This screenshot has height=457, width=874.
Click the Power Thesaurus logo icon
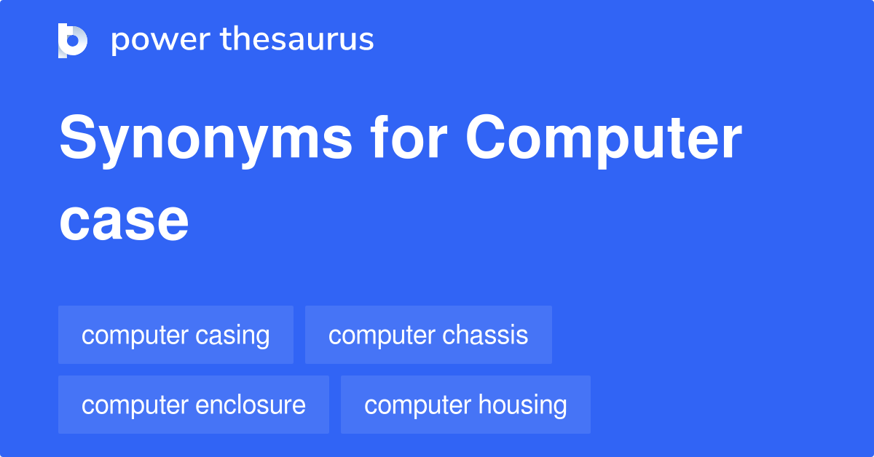click(x=73, y=40)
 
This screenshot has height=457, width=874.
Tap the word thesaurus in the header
click(x=297, y=40)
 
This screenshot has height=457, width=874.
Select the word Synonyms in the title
click(x=205, y=140)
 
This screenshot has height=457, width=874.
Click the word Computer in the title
click(x=604, y=140)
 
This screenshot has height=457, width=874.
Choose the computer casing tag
click(x=176, y=335)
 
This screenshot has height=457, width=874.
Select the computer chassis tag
click(x=428, y=335)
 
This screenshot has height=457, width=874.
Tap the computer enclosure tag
click(x=194, y=405)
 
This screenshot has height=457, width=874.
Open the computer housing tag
click(x=465, y=405)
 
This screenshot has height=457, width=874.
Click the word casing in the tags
click(x=233, y=336)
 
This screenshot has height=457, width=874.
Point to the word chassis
click(x=485, y=335)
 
